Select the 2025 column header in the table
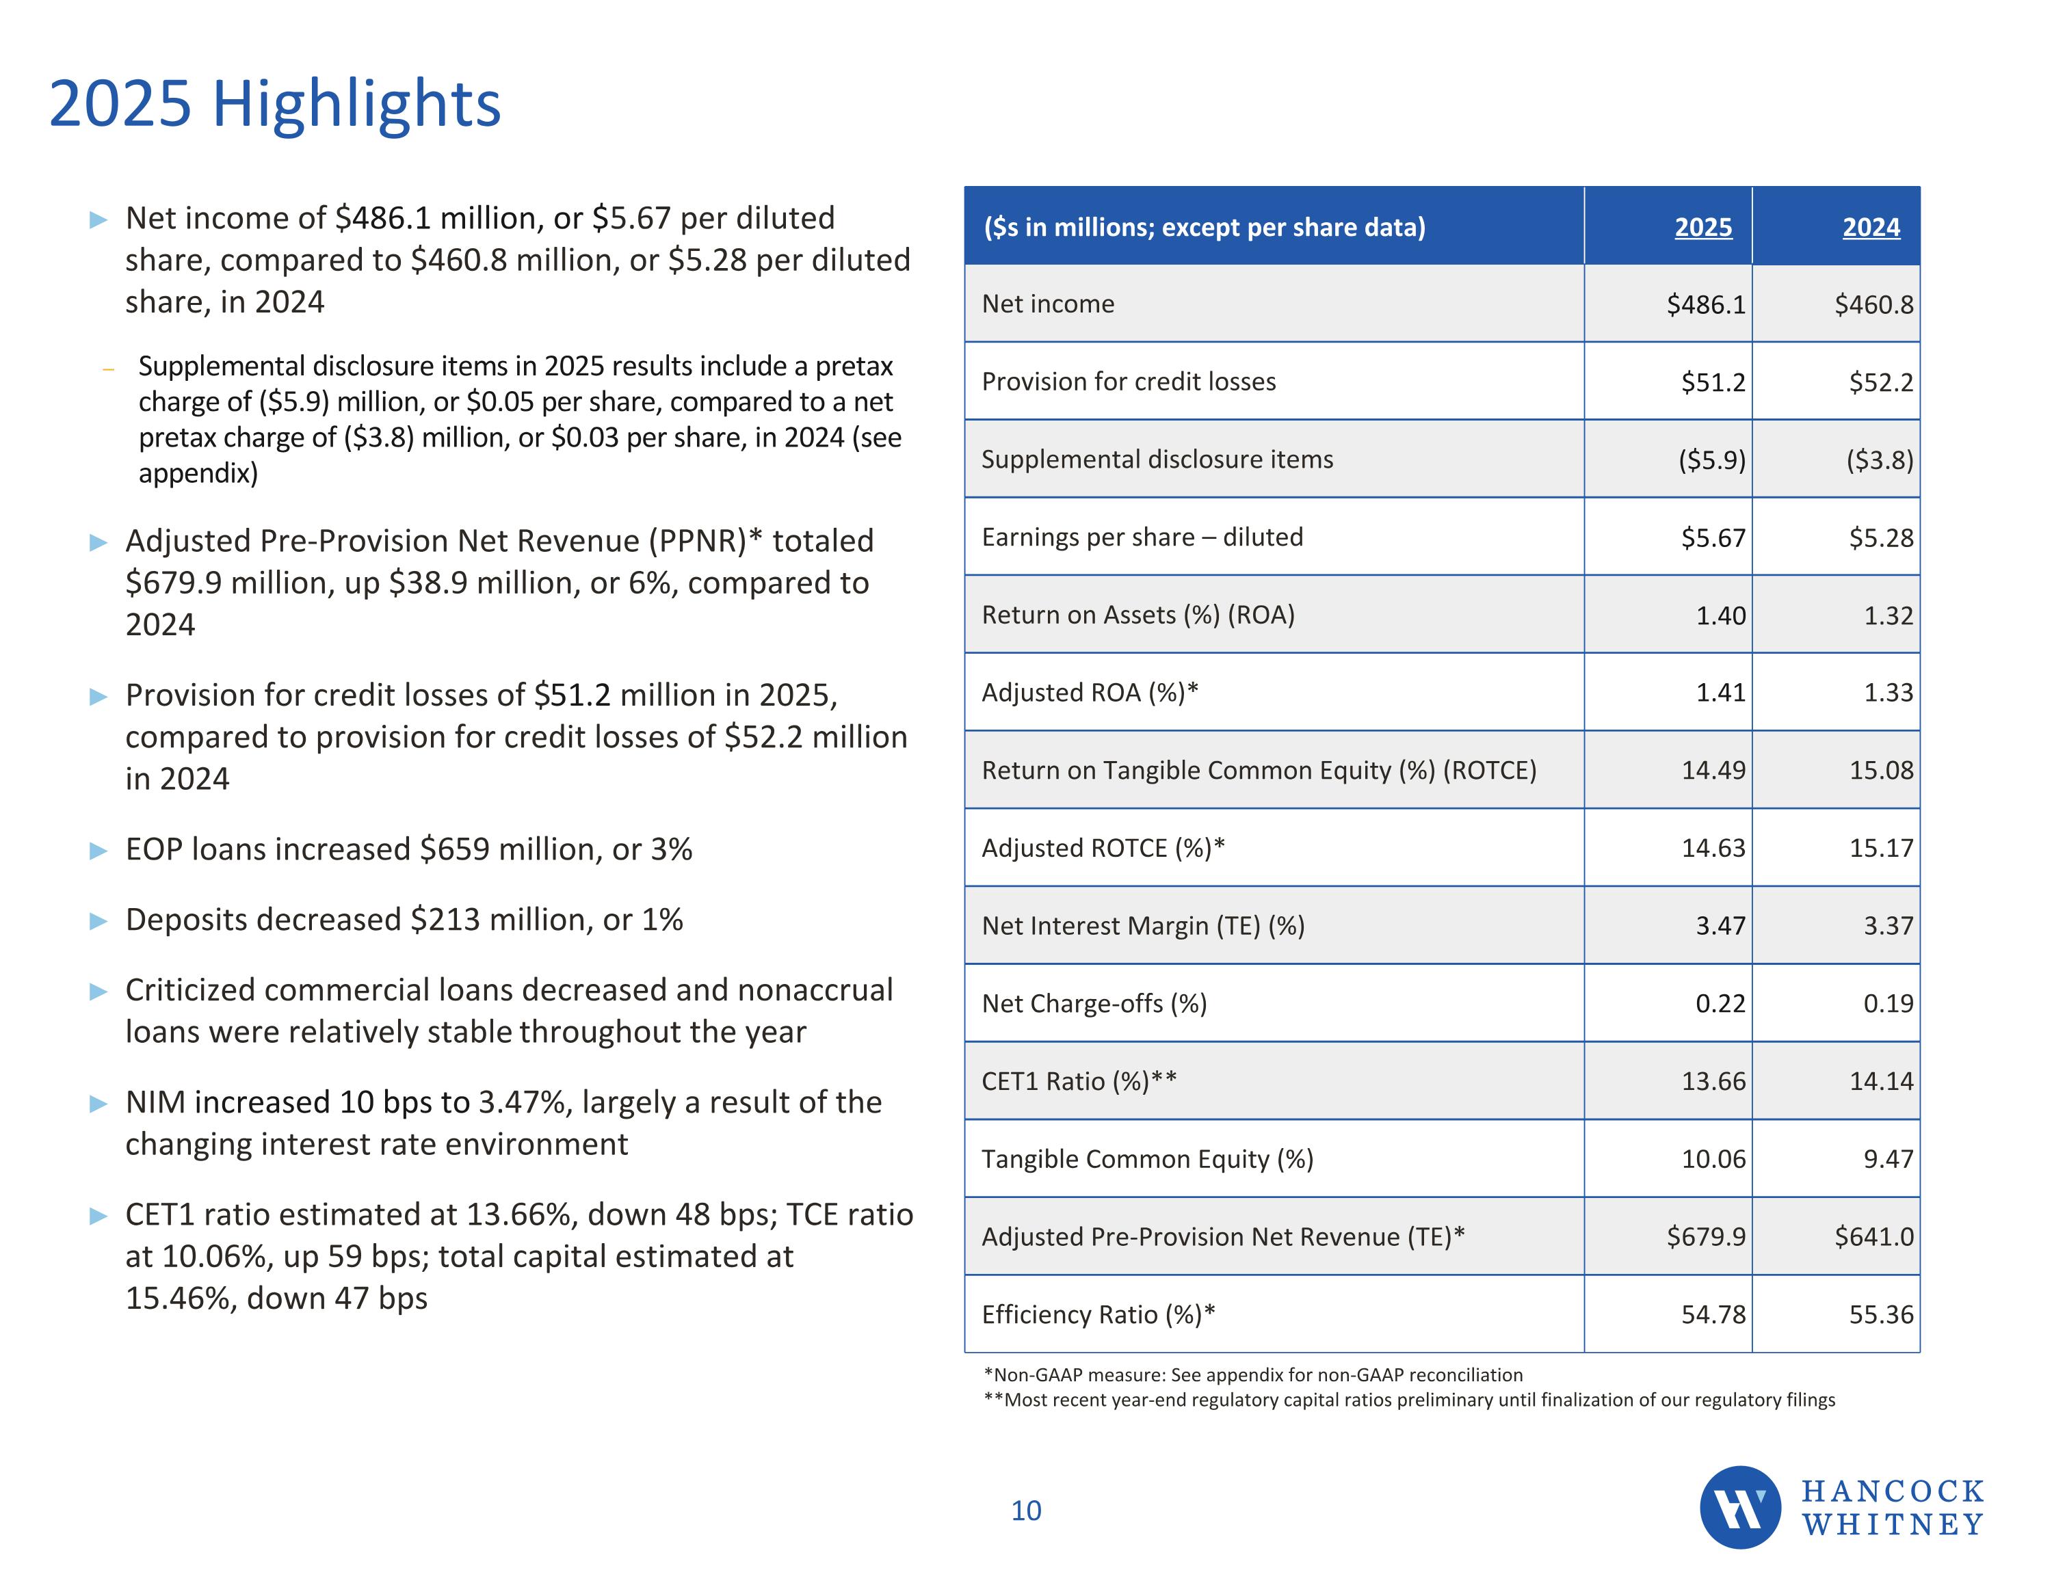point(1702,227)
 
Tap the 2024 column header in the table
point(1871,227)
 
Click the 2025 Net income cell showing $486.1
point(1705,304)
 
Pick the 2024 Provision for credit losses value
point(1880,382)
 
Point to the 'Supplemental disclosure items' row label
point(1157,460)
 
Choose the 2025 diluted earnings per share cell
point(1713,537)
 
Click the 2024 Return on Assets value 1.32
point(1888,615)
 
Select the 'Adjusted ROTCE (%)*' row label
point(1103,849)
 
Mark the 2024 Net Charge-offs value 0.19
point(1888,1003)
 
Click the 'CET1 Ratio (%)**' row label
point(1079,1081)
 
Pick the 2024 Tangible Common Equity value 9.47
point(1888,1159)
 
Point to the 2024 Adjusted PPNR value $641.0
point(1873,1236)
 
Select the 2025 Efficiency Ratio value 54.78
point(1713,1314)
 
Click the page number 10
point(1026,1511)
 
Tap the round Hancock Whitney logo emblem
point(1739,1507)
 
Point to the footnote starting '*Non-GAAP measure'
point(1252,1375)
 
